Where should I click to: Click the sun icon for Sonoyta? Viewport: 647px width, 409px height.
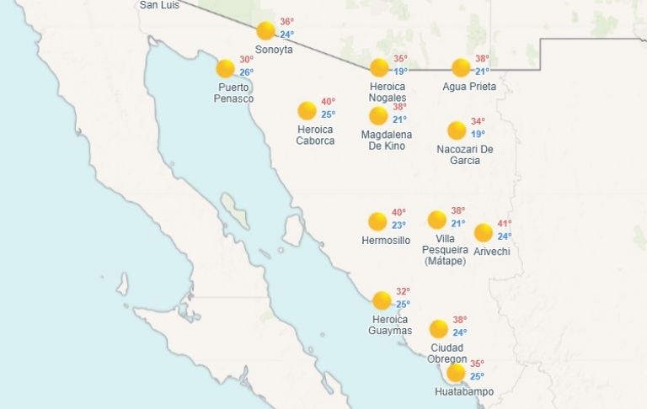[x=266, y=31]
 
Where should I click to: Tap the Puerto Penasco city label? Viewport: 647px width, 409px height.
[x=234, y=93]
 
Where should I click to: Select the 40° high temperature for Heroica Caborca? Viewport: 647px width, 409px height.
[x=328, y=102]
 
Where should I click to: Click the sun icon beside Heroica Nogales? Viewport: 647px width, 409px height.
[x=379, y=68]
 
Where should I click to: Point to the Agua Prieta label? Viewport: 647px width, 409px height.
[x=469, y=87]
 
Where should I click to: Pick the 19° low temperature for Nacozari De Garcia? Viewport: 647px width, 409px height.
[x=478, y=134]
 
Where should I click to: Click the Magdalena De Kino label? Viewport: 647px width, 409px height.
[x=388, y=141]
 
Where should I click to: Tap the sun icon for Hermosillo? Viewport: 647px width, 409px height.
[x=377, y=222]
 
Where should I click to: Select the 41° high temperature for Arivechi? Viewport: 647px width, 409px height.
[x=504, y=224]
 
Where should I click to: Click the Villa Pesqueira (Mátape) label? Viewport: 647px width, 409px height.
[x=446, y=250]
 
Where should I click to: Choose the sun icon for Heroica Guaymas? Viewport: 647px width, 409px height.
[x=382, y=300]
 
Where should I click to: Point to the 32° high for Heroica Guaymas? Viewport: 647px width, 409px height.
[x=403, y=292]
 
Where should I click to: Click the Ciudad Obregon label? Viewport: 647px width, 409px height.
[x=447, y=353]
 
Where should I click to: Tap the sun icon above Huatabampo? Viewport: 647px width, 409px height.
[x=456, y=373]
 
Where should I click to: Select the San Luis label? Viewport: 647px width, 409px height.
[x=160, y=5]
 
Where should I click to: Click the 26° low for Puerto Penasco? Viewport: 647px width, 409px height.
[x=246, y=72]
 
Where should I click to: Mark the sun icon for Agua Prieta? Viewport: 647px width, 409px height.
[x=461, y=68]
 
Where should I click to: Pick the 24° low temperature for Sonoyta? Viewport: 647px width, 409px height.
[x=287, y=35]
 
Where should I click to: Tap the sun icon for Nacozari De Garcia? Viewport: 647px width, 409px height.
[x=457, y=130]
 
